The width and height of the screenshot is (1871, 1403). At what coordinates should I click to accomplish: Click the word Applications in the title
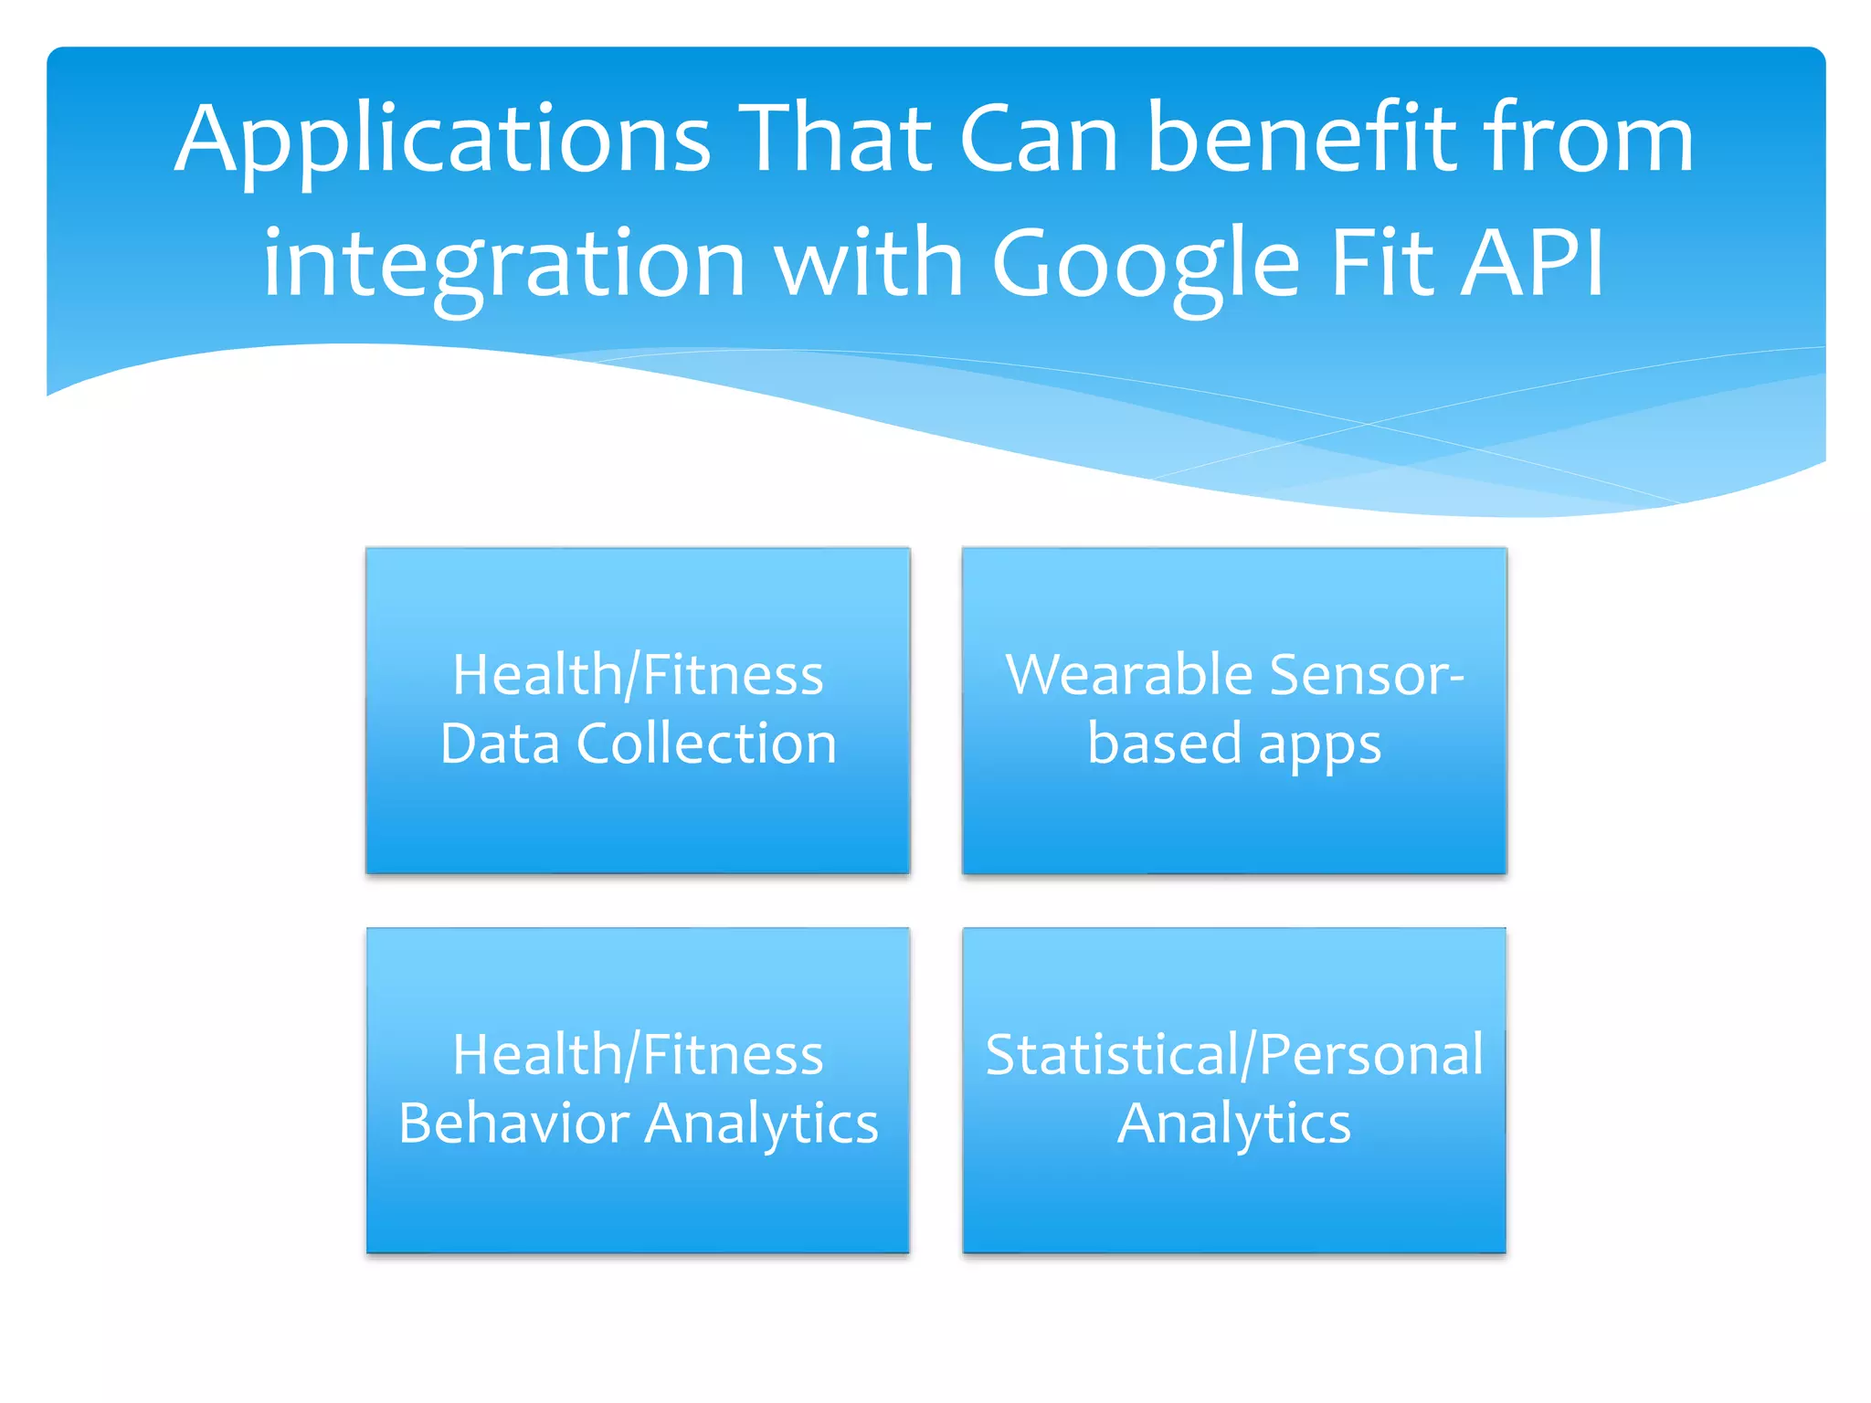point(442,142)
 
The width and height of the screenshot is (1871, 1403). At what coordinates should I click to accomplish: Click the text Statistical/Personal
point(1234,1055)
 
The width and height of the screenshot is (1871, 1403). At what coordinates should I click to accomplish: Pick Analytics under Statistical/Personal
point(1234,1124)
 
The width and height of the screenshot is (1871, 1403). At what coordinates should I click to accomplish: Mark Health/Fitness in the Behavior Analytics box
point(638,1055)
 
